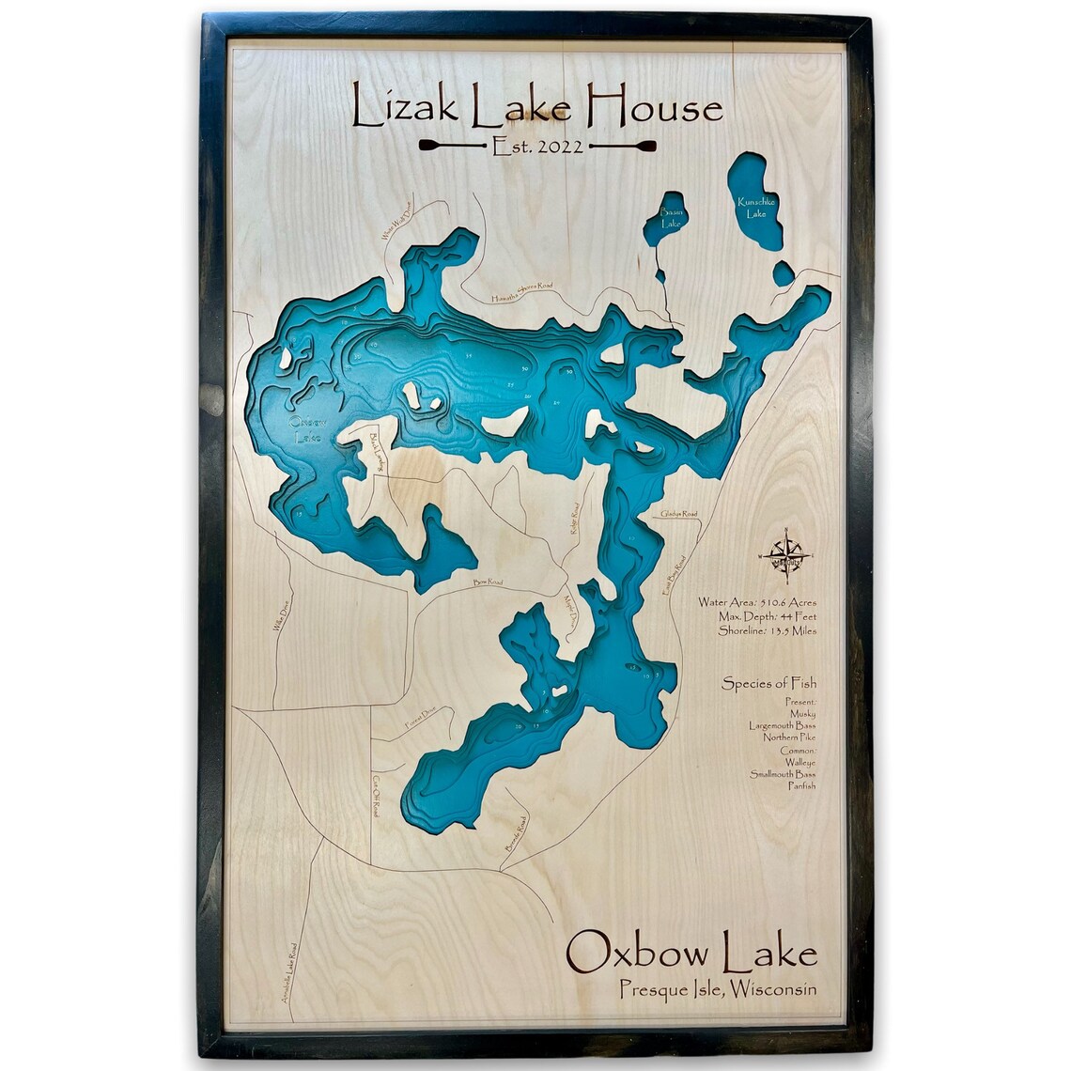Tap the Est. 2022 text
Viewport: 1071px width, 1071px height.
tap(537, 146)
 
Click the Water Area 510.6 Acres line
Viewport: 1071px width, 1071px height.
tap(757, 601)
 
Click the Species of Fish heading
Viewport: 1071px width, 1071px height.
tap(768, 683)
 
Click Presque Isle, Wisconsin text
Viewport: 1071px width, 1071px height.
tap(718, 988)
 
